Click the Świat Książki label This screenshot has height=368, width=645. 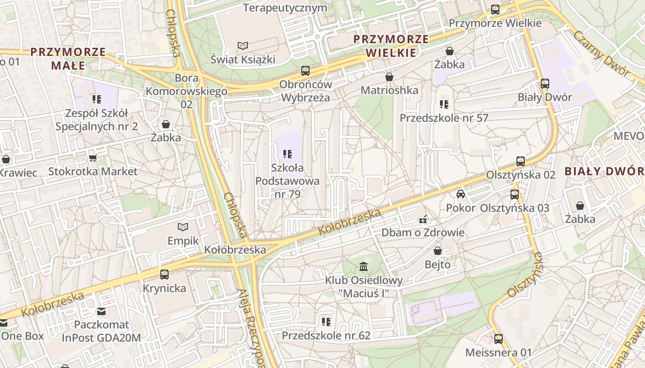(242, 59)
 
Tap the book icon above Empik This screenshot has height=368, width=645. (183, 227)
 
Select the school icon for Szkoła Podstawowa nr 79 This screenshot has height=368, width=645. (287, 154)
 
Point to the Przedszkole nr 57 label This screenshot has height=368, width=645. (444, 118)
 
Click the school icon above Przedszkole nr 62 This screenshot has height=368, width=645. (326, 322)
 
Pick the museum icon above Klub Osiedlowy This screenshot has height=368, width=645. (364, 266)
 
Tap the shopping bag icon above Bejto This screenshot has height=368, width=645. (438, 251)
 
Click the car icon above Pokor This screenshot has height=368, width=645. (460, 194)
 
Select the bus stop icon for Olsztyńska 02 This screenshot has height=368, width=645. (521, 161)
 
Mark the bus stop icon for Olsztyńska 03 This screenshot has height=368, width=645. (515, 194)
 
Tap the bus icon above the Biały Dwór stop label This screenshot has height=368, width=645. (545, 83)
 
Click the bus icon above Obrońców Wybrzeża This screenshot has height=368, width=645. (305, 70)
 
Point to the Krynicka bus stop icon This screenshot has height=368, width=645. (164, 275)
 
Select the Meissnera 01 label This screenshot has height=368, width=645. (498, 353)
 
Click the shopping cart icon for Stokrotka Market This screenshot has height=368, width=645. (93, 158)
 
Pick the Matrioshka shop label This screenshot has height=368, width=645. (389, 90)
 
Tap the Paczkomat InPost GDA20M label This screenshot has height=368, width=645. (101, 331)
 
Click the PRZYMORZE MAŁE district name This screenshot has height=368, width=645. (68, 58)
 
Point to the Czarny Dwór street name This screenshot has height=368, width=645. (601, 53)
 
